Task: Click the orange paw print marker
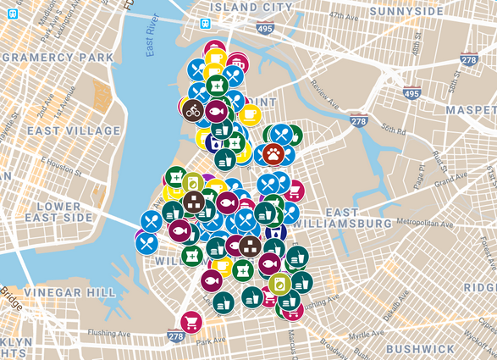273,153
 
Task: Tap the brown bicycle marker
192,109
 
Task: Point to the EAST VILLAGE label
62,130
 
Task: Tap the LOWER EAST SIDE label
44,212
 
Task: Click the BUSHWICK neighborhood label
421,348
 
